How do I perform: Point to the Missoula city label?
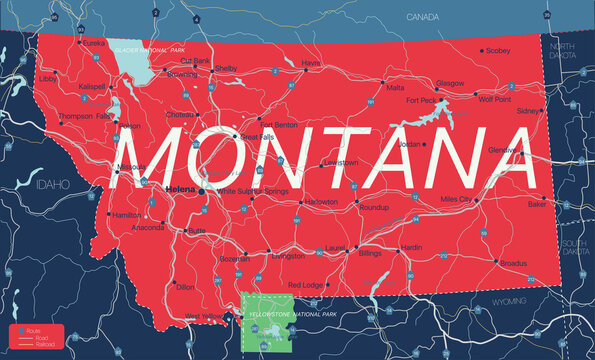pyautogui.click(x=131, y=166)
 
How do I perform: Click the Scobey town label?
pyautogui.click(x=498, y=50)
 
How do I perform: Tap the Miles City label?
pyautogui.click(x=456, y=200)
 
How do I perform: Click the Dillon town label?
pyautogui.click(x=185, y=287)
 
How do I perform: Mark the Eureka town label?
pyautogui.click(x=94, y=44)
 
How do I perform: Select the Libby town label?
pyautogui.click(x=48, y=78)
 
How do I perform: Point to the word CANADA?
pyautogui.click(x=423, y=17)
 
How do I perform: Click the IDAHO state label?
pyautogui.click(x=46, y=186)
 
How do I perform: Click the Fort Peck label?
pyautogui.click(x=421, y=101)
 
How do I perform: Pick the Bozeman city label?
pyautogui.click(x=235, y=259)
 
